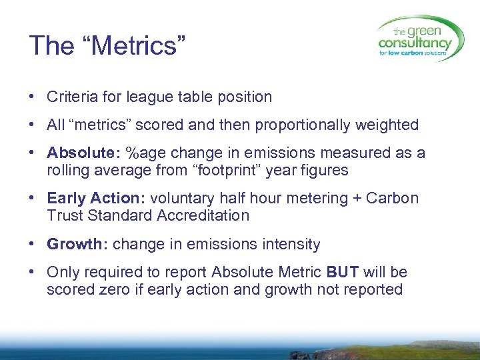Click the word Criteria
(70, 97)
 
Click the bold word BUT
(343, 272)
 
